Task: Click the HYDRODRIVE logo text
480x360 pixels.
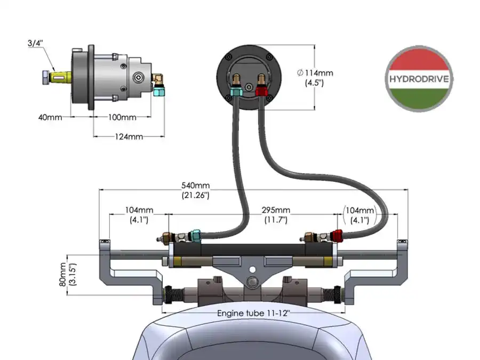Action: [x=419, y=79]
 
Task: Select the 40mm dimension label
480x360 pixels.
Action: [x=50, y=117]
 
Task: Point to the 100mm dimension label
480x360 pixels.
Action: [x=122, y=117]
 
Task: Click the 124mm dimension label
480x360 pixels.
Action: [x=129, y=137]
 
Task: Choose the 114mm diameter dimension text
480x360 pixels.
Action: [x=315, y=78]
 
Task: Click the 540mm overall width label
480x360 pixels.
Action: [x=196, y=190]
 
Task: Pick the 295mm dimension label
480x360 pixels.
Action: [x=276, y=215]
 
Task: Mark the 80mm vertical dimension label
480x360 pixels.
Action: [x=68, y=275]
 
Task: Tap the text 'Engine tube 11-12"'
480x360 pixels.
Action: [x=253, y=314]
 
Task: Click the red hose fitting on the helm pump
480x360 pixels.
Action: [x=261, y=91]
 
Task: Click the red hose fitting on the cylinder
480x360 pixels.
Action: [x=338, y=236]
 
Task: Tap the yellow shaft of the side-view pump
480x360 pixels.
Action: [x=61, y=78]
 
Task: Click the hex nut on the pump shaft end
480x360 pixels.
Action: [x=45, y=78]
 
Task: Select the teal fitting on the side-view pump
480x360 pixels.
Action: [x=158, y=91]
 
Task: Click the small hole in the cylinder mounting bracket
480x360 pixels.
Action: [x=253, y=270]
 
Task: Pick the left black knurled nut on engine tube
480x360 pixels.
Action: [x=168, y=295]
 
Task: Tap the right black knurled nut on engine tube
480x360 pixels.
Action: [x=338, y=295]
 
